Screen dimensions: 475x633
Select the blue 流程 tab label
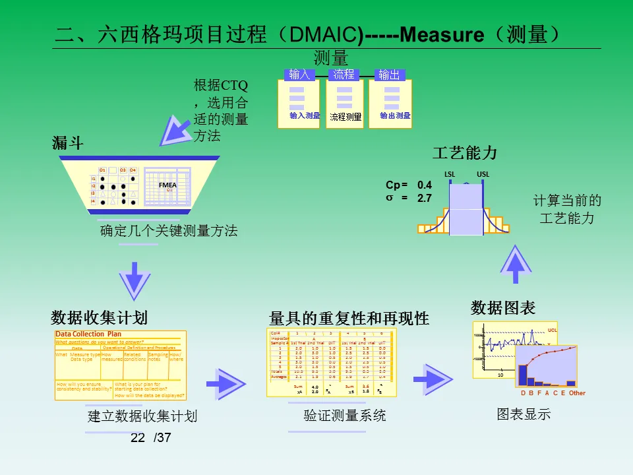tap(344, 75)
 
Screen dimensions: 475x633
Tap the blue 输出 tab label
tap(389, 75)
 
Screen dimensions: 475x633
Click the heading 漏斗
tap(68, 142)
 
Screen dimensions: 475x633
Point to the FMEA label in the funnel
tap(167, 185)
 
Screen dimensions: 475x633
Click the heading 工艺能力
tap(464, 154)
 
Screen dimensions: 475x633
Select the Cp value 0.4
tap(425, 185)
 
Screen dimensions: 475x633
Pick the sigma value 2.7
tap(425, 197)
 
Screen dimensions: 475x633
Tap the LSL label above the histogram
tap(450, 174)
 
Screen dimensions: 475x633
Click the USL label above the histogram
tap(483, 174)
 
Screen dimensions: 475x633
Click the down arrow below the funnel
tap(135, 281)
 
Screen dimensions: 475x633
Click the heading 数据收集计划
tap(99, 318)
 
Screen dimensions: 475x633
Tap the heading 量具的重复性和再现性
tap(349, 319)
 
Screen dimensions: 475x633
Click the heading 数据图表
tap(503, 307)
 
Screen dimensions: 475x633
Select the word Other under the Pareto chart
tap(577, 393)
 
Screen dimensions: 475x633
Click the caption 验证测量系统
tap(345, 416)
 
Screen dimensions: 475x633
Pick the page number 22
tap(138, 438)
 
